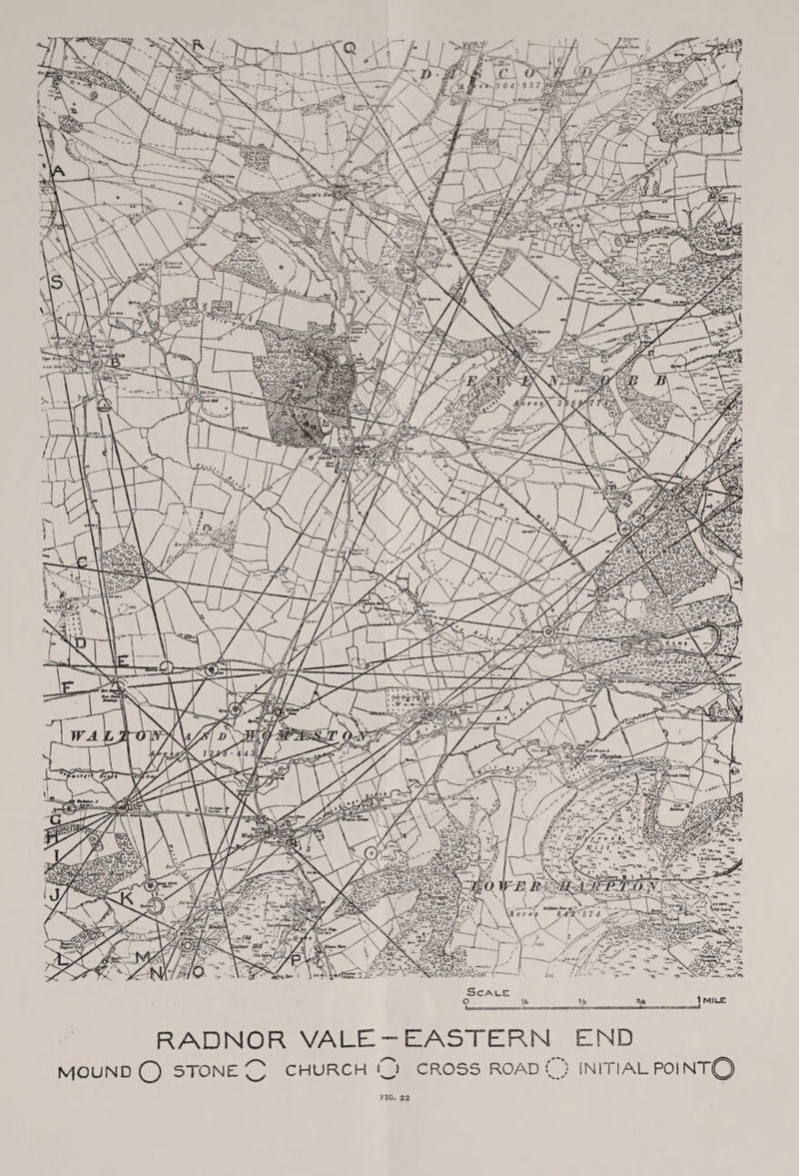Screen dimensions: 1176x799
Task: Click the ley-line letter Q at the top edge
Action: [x=350, y=47]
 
